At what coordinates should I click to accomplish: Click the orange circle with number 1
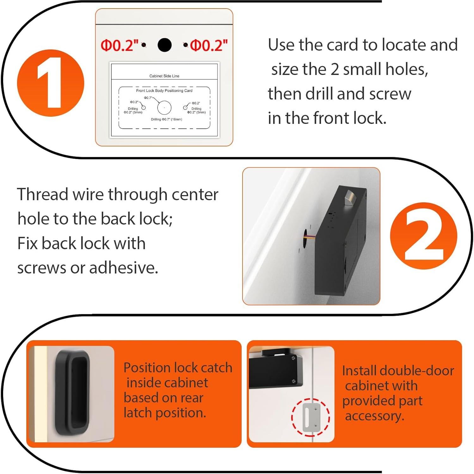coord(51,83)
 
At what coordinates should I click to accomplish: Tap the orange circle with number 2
coord(423,236)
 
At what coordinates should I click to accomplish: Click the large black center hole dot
coord(164,45)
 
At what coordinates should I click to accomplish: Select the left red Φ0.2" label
coord(119,46)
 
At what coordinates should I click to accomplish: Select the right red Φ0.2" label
coord(209,46)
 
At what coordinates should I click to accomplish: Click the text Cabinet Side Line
coord(164,76)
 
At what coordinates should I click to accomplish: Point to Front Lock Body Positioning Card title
coord(164,90)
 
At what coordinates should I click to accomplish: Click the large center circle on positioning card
coord(164,108)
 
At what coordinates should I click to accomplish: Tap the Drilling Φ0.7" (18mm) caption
coord(166,119)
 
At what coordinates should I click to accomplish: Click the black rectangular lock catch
coord(72,392)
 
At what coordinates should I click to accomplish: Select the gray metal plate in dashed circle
coord(311,417)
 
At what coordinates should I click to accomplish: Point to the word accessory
coord(374,416)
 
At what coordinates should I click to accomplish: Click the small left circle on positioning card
coord(143,108)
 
